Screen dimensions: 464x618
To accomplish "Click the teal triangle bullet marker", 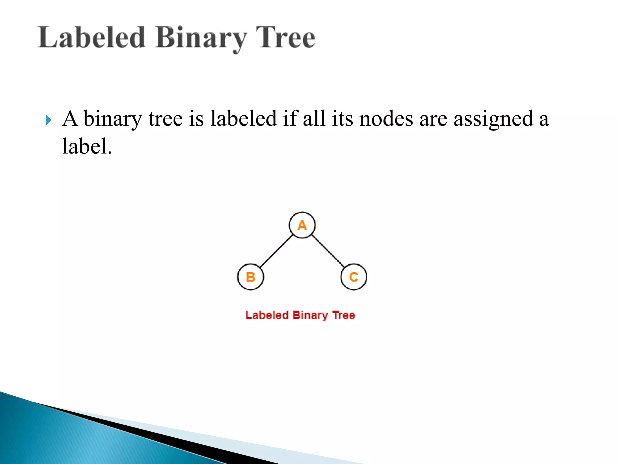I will click(x=48, y=120).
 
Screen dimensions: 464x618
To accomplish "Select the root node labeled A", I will click(x=302, y=225).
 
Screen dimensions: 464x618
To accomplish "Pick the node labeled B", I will click(x=250, y=277).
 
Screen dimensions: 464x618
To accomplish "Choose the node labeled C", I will click(x=354, y=277).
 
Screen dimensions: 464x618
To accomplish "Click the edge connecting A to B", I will click(x=276, y=251).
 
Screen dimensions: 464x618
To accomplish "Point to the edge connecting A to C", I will click(x=328, y=251).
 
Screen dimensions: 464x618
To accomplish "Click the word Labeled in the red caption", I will click(x=267, y=315).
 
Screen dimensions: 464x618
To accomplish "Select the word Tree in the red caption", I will click(x=343, y=315).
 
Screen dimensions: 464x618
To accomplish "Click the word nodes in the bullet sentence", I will click(x=386, y=119).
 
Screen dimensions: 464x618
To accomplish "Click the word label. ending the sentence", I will click(x=87, y=147).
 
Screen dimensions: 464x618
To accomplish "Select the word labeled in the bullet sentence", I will click(x=243, y=118).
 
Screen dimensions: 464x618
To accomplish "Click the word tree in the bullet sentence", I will click(x=165, y=119).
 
